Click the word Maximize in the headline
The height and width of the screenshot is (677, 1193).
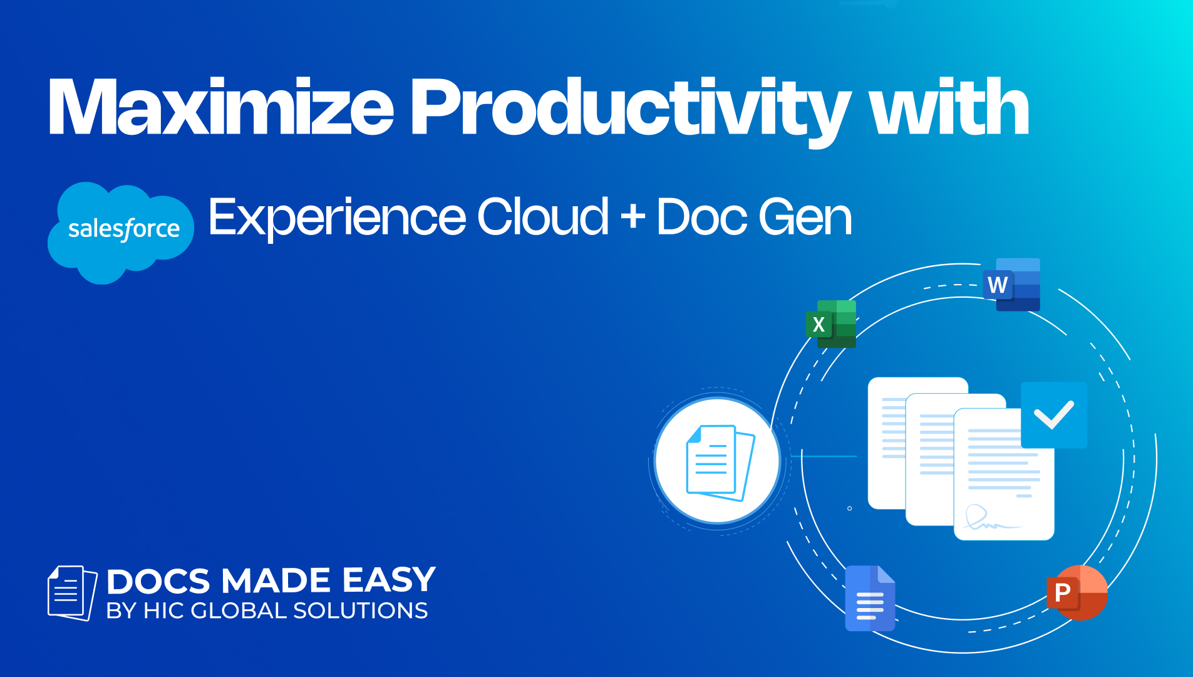(221, 107)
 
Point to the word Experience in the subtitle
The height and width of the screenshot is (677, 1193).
(338, 218)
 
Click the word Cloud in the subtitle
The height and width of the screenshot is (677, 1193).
(543, 216)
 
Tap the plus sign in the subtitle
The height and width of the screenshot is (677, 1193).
(633, 216)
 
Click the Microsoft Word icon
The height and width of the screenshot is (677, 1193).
(1011, 285)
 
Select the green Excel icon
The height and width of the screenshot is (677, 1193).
(831, 324)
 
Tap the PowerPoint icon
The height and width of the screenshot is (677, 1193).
(1077, 592)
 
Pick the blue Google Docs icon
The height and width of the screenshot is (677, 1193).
(870, 598)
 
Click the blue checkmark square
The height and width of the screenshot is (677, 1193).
(1054, 415)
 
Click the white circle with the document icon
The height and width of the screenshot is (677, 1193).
(718, 461)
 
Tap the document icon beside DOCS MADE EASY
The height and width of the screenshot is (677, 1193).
(73, 593)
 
